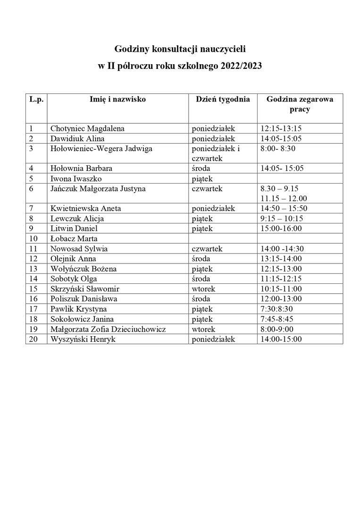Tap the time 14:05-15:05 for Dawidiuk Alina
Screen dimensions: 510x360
pyautogui.click(x=281, y=138)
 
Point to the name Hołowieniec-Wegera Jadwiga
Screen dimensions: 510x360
pyautogui.click(x=101, y=148)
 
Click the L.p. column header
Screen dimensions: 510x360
pyautogui.click(x=36, y=99)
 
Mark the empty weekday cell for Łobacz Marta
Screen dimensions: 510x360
pyautogui.click(x=222, y=238)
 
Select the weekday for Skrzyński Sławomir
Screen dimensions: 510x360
pyautogui.click(x=203, y=289)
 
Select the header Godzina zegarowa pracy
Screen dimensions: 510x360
pyautogui.click(x=300, y=104)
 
